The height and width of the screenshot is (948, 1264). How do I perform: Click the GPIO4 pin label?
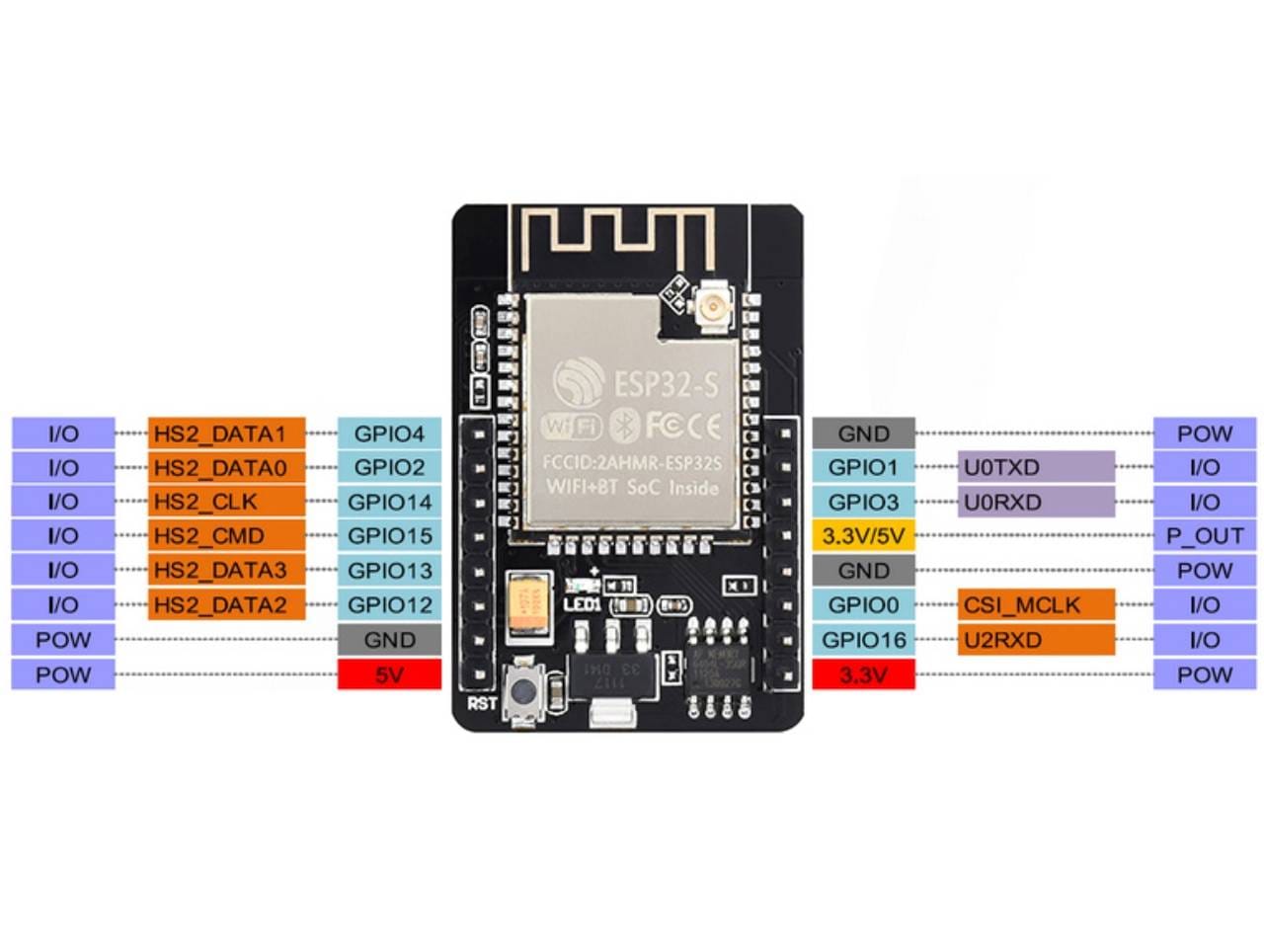coord(389,434)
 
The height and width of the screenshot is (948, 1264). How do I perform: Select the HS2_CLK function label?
coord(226,502)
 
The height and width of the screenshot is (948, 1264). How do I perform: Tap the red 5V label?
coord(389,675)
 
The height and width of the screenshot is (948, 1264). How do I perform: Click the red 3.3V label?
coord(863,675)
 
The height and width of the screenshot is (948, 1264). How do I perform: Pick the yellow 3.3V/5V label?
coord(863,536)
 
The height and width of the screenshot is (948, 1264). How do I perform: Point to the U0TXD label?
coord(1036,467)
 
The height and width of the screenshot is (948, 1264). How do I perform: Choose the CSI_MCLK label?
coord(1036,604)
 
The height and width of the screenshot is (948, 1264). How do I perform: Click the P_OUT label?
coord(1204,536)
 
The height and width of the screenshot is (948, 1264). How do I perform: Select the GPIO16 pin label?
coord(863,640)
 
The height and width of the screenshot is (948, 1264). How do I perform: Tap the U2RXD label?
coord(1036,640)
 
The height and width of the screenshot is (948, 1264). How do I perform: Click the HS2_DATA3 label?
coord(226,570)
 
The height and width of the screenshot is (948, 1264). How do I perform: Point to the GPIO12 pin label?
coord(389,604)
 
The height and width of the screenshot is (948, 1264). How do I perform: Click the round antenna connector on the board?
coord(711,312)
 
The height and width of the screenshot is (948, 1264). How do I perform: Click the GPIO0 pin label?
coord(863,604)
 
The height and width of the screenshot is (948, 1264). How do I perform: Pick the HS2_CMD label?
coord(226,536)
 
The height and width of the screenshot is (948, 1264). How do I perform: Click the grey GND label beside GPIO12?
coord(389,640)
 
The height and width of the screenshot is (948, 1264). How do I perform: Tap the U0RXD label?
coord(1036,502)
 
